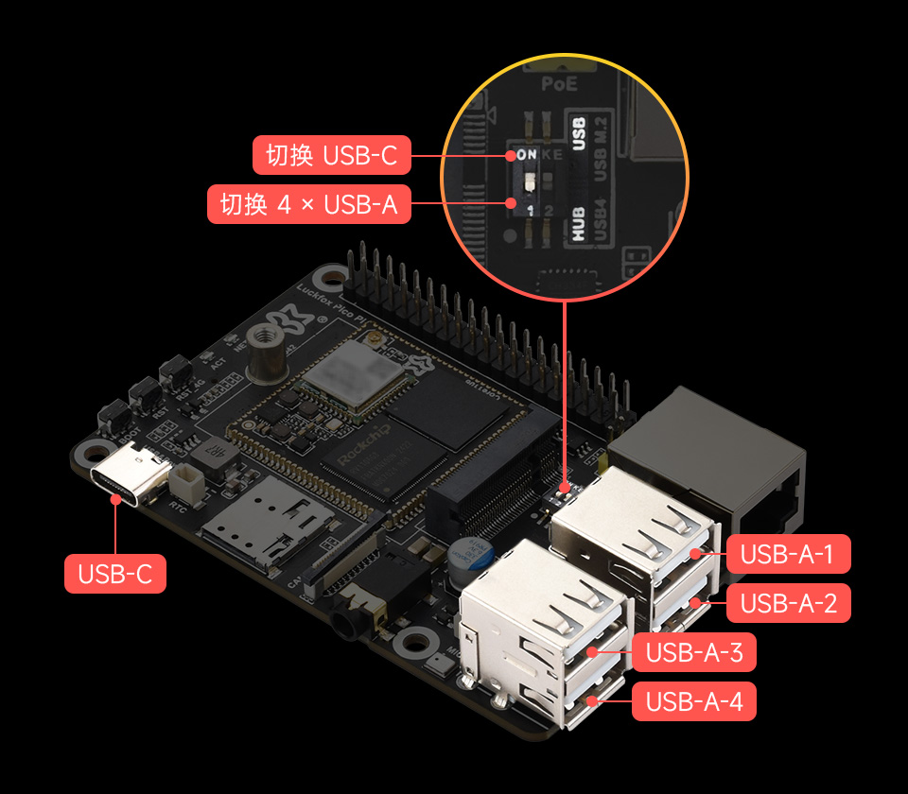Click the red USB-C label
(114, 574)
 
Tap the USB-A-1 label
(788, 554)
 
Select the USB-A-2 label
(788, 603)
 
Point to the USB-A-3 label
(693, 652)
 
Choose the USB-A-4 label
(693, 701)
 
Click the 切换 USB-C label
(331, 155)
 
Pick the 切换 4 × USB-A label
(308, 204)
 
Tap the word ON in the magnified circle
(524, 154)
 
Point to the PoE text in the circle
(558, 84)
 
